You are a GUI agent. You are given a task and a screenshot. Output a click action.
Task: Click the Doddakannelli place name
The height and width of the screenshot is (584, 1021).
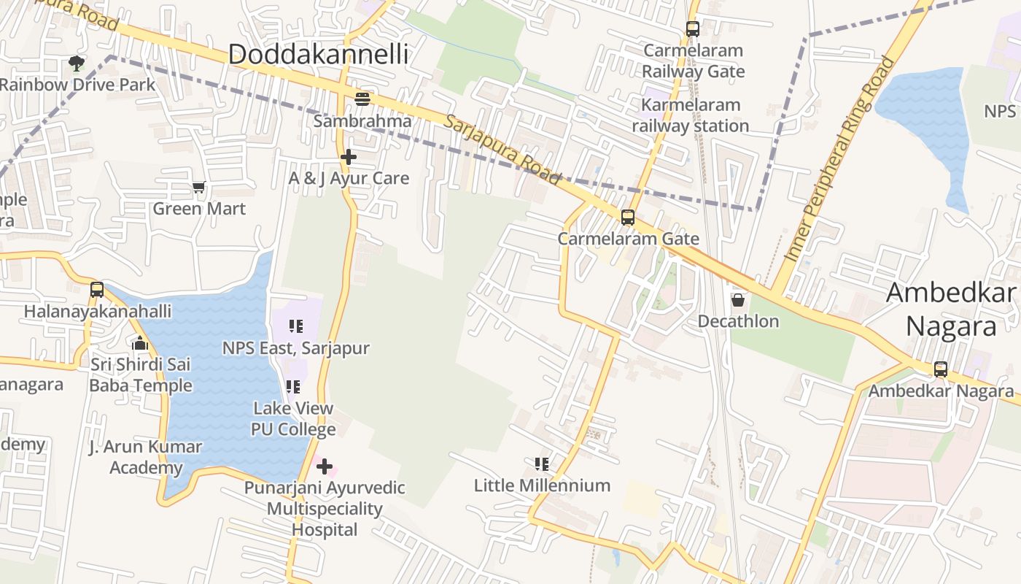pos(318,54)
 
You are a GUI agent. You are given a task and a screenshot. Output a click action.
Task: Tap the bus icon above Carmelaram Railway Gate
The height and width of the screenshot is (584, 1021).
pos(692,29)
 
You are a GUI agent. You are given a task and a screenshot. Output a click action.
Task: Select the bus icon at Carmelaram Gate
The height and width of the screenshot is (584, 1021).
pos(627,218)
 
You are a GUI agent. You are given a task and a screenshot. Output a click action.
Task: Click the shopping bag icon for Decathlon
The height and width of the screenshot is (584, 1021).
pos(738,300)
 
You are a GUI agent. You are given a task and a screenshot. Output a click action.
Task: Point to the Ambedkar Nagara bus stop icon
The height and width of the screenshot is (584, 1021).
pos(941,369)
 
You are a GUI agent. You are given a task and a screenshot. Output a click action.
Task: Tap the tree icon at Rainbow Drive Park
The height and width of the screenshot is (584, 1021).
pos(76,64)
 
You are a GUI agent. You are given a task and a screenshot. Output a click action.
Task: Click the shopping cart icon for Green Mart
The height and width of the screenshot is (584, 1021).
pos(199,188)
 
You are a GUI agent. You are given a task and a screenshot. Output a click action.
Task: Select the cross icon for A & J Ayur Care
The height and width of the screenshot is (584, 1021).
pos(349,156)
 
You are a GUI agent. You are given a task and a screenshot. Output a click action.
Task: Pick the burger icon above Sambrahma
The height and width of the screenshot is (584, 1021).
pos(362,99)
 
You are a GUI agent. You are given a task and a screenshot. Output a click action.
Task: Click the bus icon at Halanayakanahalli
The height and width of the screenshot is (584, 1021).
pos(97,290)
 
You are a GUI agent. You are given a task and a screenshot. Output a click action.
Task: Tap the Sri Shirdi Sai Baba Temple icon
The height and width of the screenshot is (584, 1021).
pos(140,342)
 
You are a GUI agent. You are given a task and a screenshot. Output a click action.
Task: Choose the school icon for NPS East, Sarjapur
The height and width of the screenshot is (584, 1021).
pos(295,326)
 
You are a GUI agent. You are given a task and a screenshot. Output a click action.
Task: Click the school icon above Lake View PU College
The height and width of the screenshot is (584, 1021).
pos(293,387)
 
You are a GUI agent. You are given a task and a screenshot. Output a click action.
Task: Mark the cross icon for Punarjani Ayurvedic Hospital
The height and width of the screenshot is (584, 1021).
pos(325,466)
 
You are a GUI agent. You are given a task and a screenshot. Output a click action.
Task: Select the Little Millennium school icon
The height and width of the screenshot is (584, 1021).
pos(541,464)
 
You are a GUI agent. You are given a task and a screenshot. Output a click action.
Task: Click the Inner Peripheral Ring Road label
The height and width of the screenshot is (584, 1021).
pos(839,159)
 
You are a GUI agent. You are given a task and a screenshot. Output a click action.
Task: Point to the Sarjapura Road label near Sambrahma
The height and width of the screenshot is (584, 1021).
pos(502,150)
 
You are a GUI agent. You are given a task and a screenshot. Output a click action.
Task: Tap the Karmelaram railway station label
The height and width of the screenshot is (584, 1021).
pos(690,115)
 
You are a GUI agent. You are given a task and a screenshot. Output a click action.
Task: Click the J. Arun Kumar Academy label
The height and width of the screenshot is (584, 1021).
pos(145,457)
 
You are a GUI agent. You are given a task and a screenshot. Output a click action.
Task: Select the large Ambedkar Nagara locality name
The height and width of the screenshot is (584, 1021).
pos(951,310)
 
